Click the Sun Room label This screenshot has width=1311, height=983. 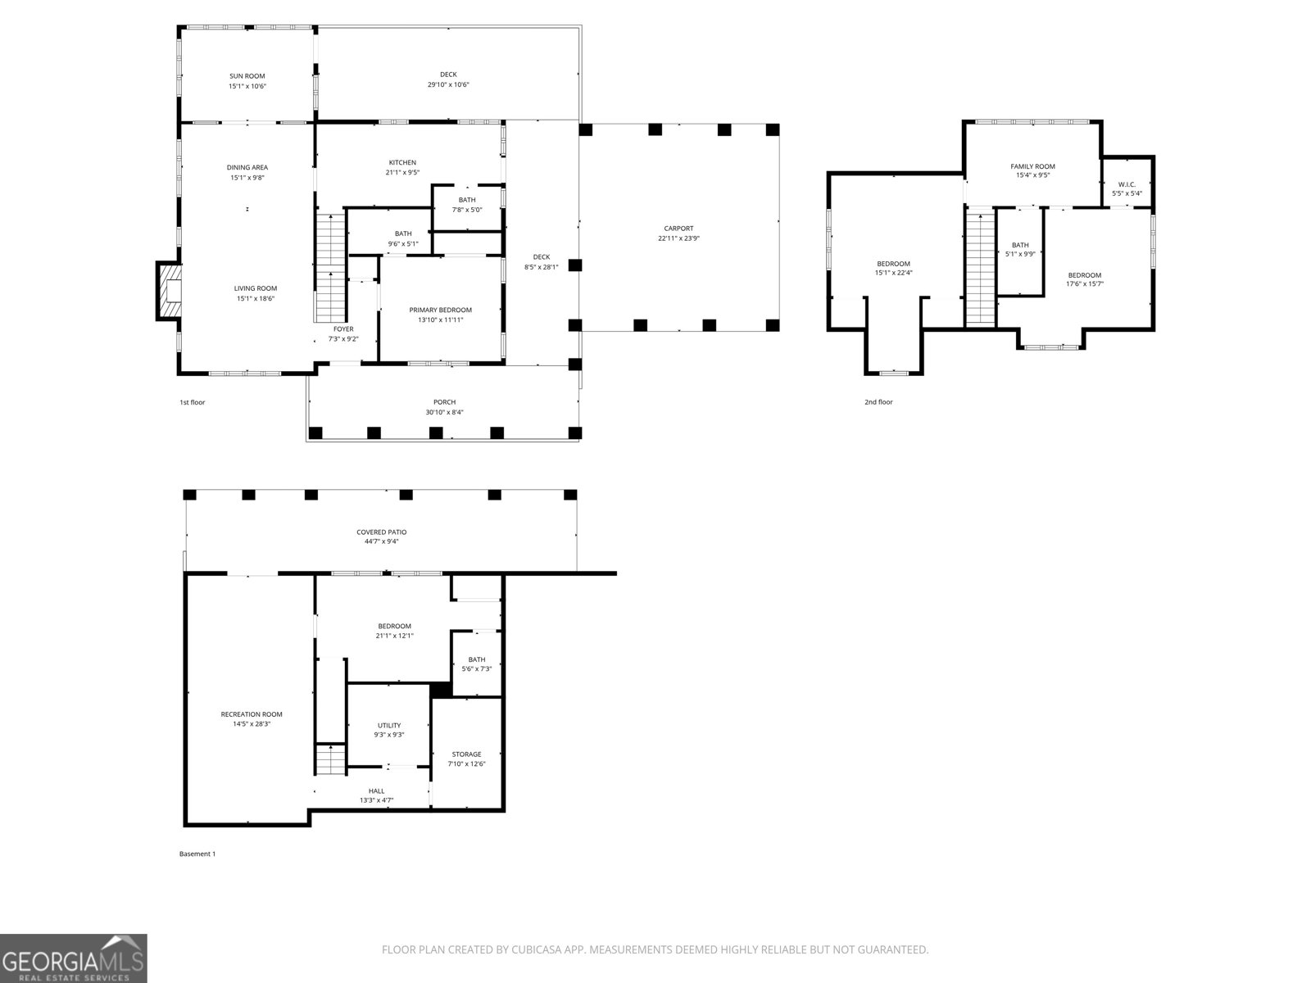[x=247, y=76]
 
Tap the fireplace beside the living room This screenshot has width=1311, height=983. [x=169, y=291]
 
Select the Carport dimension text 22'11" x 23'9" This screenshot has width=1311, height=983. [x=678, y=238]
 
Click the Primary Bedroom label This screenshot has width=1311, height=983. [x=440, y=310]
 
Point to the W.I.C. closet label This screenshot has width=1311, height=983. [x=1126, y=184]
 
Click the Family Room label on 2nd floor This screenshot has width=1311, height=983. [x=1032, y=166]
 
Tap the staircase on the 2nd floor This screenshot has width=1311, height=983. [x=979, y=266]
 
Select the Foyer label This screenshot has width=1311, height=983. [x=343, y=328]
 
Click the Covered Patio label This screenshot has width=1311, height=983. [x=381, y=532]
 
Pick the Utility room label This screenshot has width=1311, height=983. [x=389, y=725]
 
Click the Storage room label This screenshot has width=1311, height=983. [x=466, y=754]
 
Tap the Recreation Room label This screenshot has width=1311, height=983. [x=252, y=714]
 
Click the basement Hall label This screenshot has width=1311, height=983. [x=376, y=790]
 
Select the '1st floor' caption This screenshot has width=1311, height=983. [x=192, y=402]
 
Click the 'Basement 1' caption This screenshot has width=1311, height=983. [x=197, y=854]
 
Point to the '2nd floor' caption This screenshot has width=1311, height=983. [x=878, y=402]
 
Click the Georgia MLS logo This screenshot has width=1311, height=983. [x=73, y=958]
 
